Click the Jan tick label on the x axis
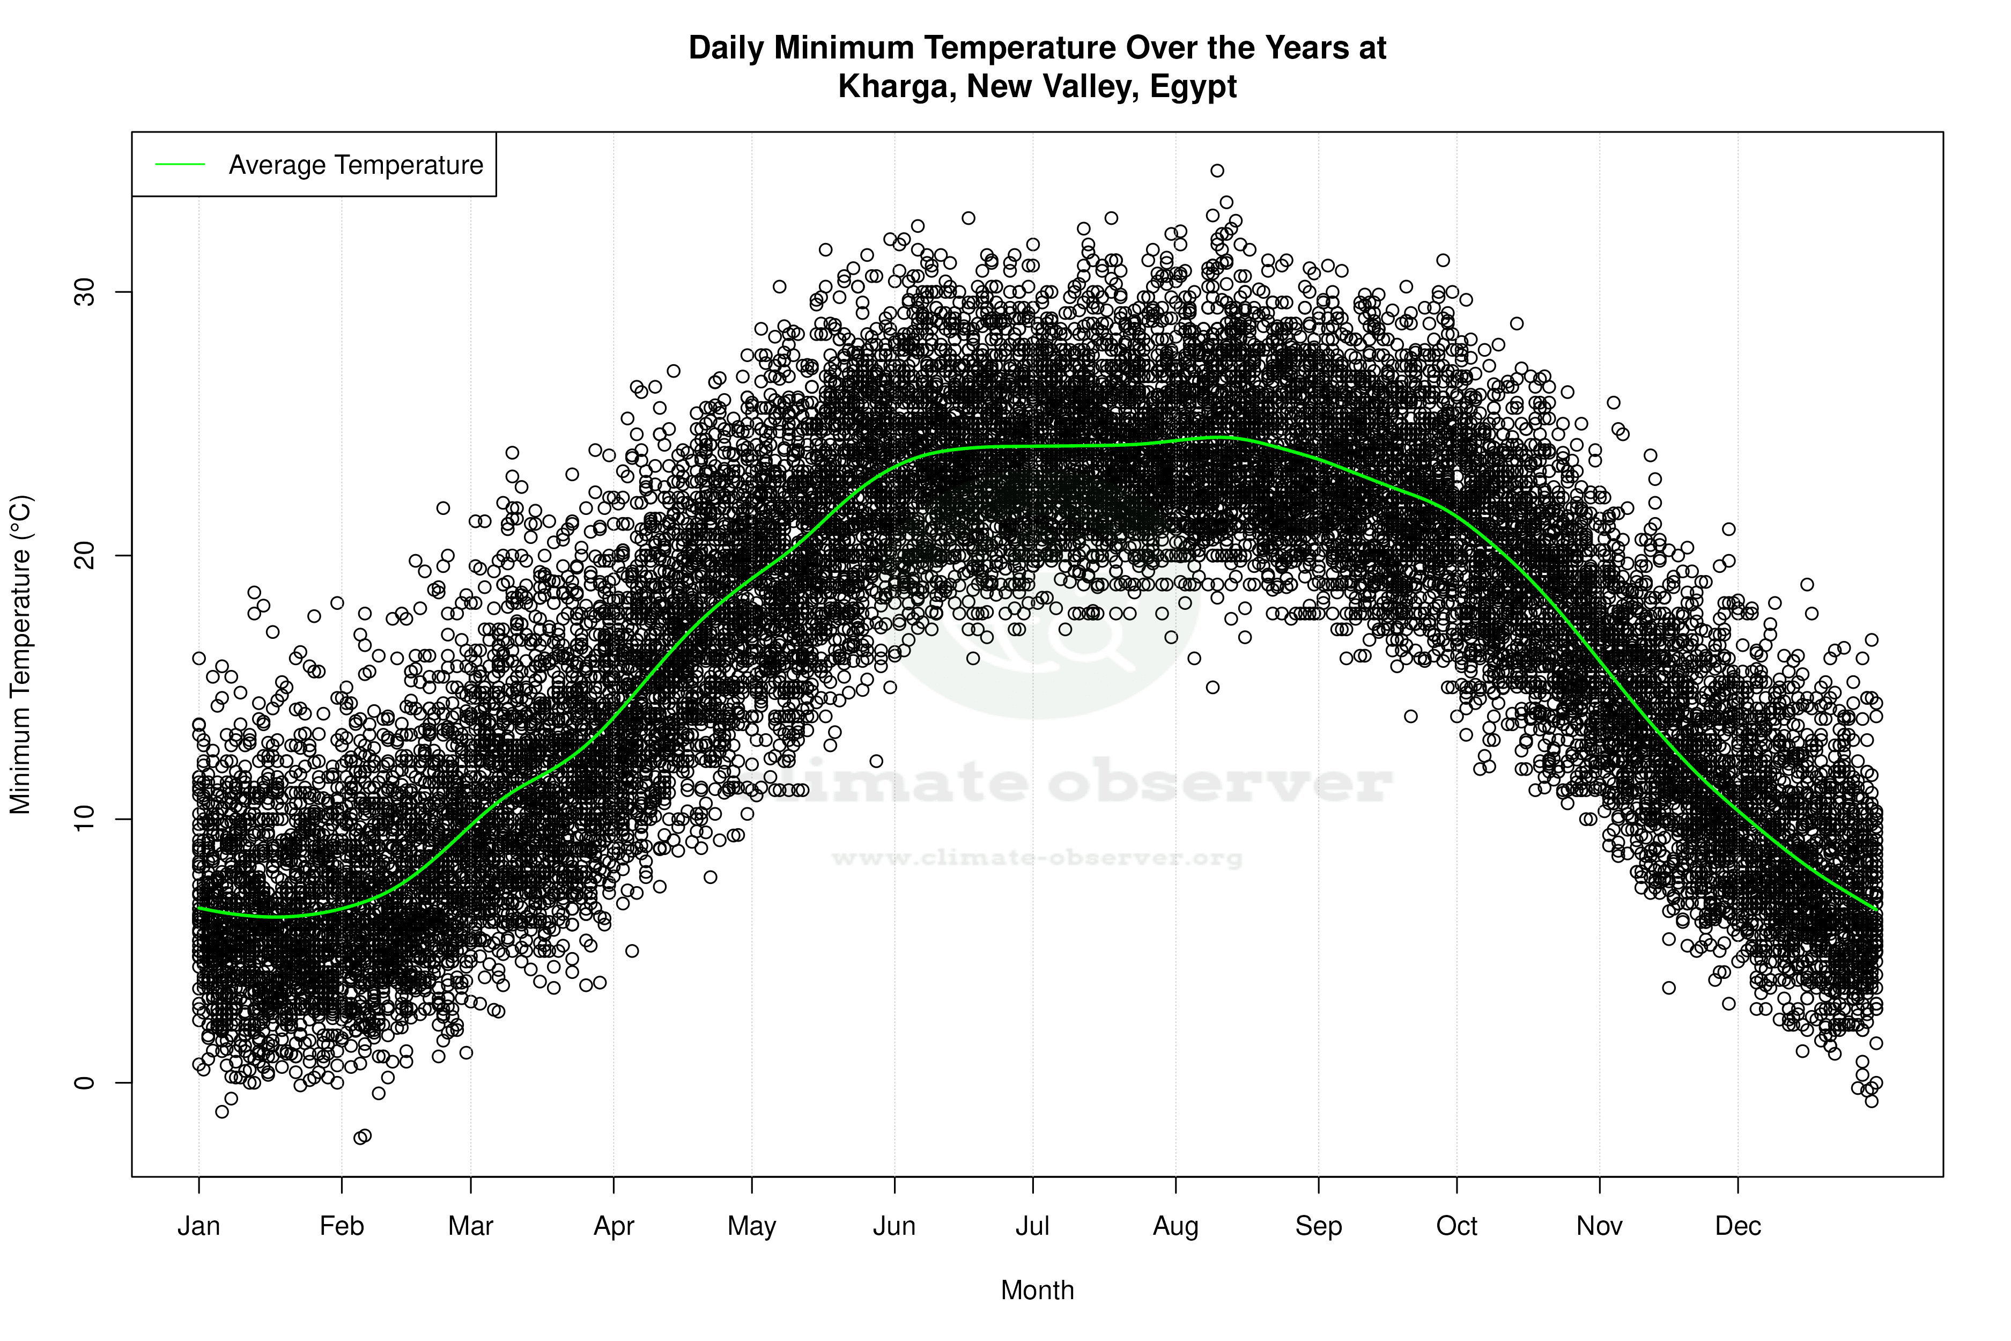click(198, 1226)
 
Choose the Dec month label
click(1738, 1226)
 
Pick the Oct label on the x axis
click(1456, 1226)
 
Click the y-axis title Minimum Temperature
click(20, 654)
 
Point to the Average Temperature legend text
click(356, 165)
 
